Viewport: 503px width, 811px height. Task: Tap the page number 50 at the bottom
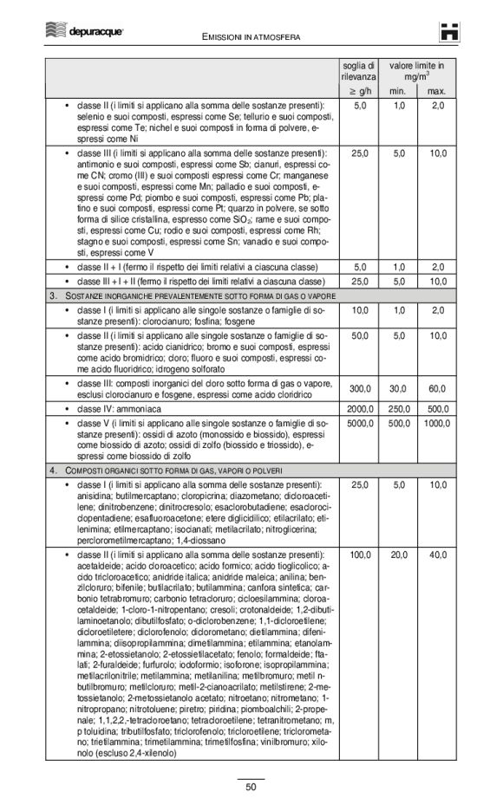click(x=251, y=787)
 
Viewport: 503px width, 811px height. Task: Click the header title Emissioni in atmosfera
click(x=251, y=38)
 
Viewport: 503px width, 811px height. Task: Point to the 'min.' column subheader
click(x=397, y=91)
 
